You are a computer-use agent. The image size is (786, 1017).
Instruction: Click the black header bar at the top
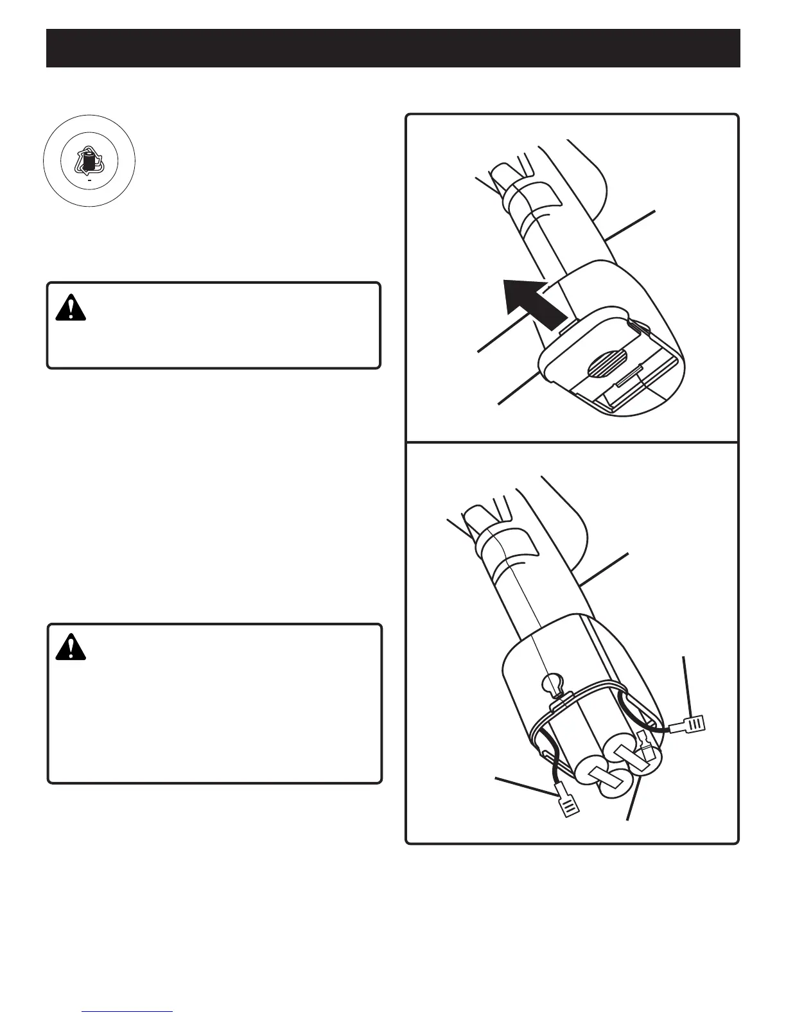click(x=393, y=48)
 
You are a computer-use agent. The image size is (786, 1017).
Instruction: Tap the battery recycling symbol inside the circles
click(x=89, y=161)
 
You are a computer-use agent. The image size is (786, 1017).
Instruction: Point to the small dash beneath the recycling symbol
click(x=89, y=182)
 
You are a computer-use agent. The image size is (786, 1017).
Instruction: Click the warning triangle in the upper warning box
click(x=71, y=309)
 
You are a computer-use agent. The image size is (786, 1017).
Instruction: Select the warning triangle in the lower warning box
click(x=71, y=647)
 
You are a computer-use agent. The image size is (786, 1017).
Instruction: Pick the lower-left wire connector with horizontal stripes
click(x=568, y=805)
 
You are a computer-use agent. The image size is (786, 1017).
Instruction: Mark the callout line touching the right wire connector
click(x=687, y=687)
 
